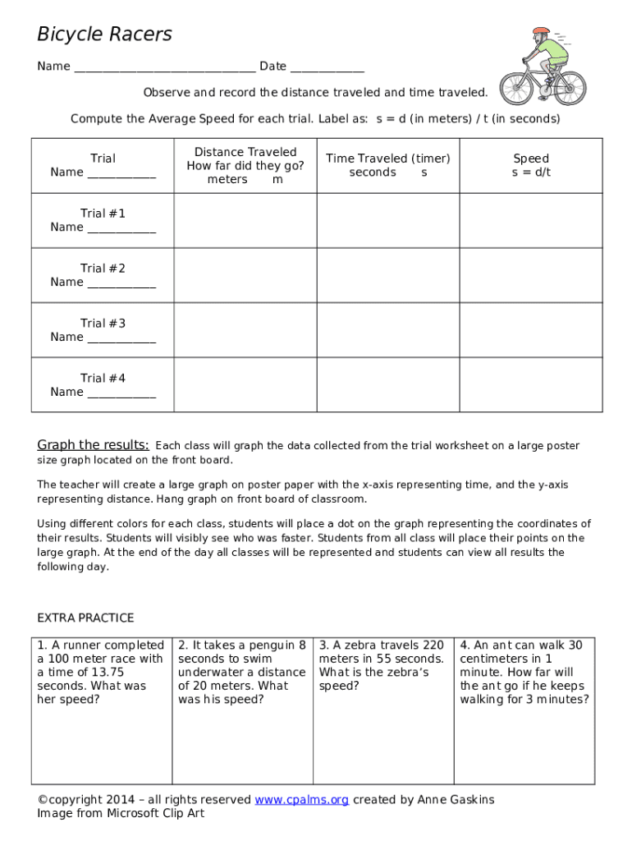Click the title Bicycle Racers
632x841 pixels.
pos(104,34)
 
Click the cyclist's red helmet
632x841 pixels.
pos(540,32)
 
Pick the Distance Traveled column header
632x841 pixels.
pos(245,165)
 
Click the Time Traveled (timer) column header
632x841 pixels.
pos(387,165)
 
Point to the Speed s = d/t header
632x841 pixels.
pos(530,165)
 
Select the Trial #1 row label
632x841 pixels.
pos(103,214)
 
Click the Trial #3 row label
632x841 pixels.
pos(103,324)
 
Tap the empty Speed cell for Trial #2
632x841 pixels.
pos(530,275)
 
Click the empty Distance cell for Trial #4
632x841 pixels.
pos(245,384)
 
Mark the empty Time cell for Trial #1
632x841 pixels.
pos(387,220)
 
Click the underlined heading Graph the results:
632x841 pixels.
pos(93,445)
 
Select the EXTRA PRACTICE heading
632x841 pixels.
pos(85,618)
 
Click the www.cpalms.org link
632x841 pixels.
pos(301,800)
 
